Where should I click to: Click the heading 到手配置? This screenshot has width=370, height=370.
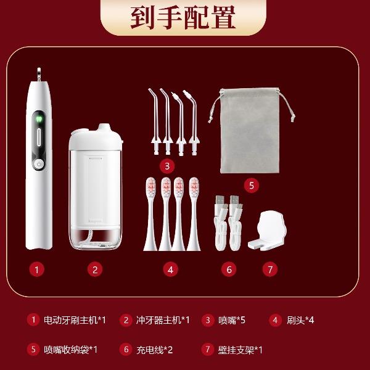(183, 17)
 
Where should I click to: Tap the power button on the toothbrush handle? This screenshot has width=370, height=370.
(39, 164)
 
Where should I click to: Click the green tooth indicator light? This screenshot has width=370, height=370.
(39, 118)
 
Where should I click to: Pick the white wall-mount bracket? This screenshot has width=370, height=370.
(268, 231)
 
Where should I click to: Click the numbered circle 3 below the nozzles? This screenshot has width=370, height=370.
(167, 166)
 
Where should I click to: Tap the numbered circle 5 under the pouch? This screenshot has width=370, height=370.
(252, 185)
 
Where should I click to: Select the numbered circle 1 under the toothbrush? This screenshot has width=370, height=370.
(36, 269)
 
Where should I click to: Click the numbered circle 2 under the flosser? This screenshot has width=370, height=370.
(95, 269)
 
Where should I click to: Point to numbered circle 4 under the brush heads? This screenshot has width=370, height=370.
(170, 269)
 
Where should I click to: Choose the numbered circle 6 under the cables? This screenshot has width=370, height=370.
(229, 269)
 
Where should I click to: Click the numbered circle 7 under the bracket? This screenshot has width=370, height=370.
(270, 269)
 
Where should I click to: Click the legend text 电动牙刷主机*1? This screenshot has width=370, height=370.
(75, 320)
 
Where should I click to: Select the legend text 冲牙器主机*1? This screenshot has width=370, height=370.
(163, 320)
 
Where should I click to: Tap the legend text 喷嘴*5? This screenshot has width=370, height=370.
(232, 320)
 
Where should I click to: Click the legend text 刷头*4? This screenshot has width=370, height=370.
(300, 320)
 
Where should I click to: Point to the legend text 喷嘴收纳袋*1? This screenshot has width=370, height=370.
(70, 350)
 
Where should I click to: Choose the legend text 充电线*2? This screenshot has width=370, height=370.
(155, 350)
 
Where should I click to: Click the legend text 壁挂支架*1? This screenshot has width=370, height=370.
(240, 350)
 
